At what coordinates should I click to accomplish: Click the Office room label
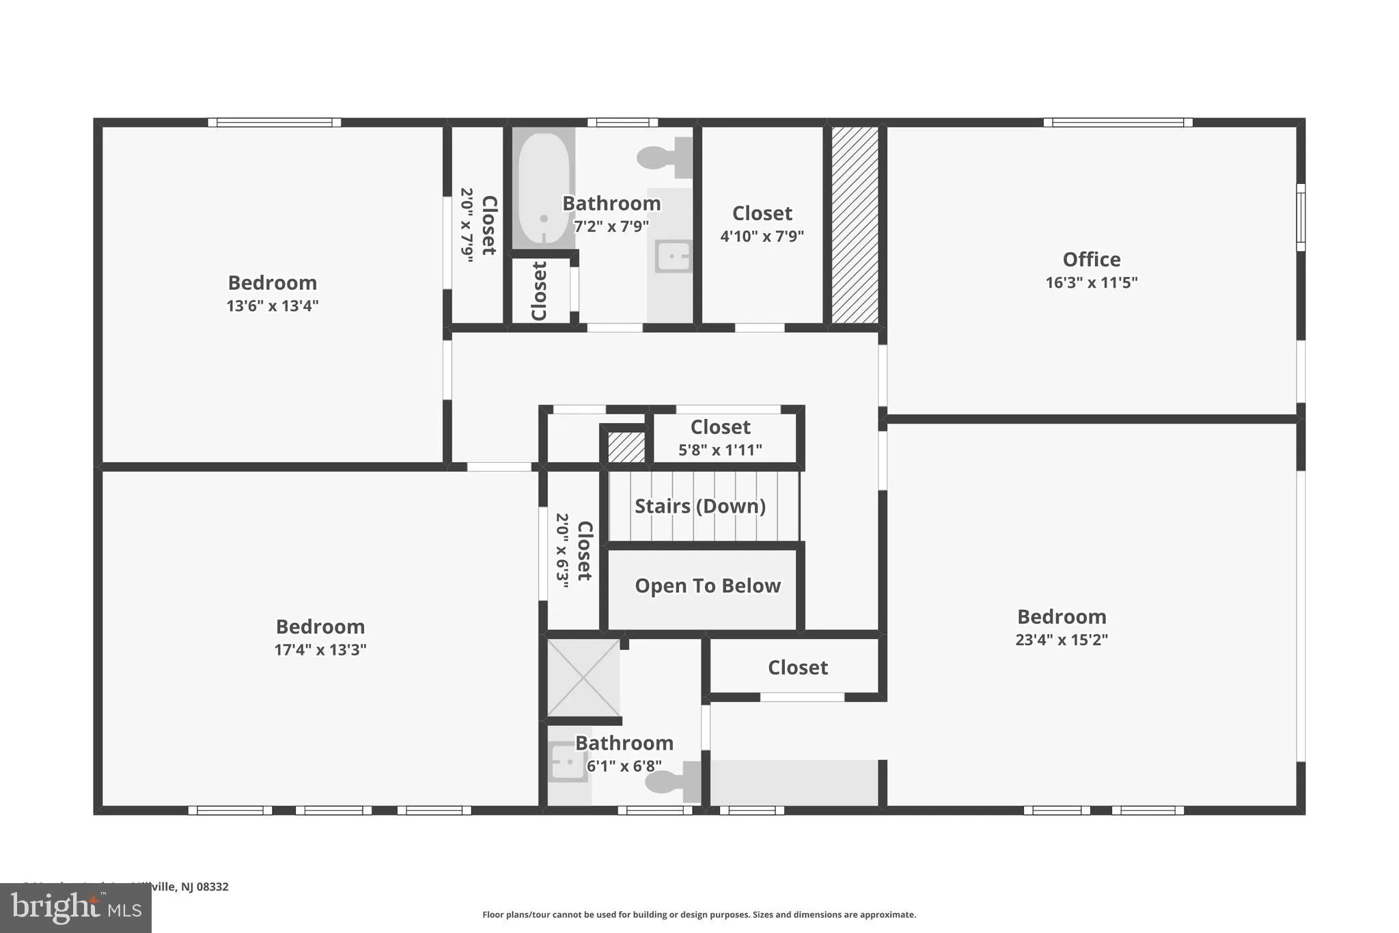click(x=1091, y=260)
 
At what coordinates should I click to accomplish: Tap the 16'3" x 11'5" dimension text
click(x=1091, y=282)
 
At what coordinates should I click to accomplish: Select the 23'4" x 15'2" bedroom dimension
click(x=1061, y=640)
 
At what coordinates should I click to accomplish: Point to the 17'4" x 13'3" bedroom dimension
click(x=320, y=649)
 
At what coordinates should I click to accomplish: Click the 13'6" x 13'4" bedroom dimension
click(x=273, y=306)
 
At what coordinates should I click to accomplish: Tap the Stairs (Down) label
click(x=699, y=506)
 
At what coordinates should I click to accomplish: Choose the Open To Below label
click(x=707, y=586)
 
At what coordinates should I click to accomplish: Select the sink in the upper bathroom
click(x=673, y=257)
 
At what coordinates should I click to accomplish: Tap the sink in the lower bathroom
click(x=567, y=762)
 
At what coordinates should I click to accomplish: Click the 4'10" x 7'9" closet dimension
click(x=762, y=236)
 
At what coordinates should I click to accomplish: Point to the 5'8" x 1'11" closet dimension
click(x=720, y=450)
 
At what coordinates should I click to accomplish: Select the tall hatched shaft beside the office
click(x=855, y=225)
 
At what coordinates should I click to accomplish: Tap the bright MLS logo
click(x=75, y=908)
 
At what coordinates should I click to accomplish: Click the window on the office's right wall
click(x=1301, y=217)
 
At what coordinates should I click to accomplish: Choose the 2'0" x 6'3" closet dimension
click(x=562, y=551)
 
